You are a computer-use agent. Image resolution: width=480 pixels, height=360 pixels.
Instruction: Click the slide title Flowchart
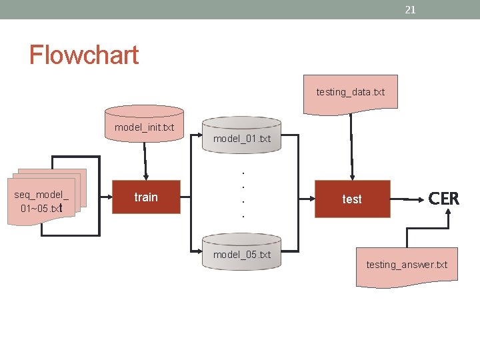(83, 54)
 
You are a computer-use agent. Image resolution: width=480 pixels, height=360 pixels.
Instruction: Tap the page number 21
(411, 9)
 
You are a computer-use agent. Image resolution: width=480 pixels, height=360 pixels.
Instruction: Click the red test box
(352, 199)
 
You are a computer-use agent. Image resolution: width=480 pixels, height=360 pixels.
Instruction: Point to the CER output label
(443, 198)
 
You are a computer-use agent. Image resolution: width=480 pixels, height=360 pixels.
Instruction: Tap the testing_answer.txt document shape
(407, 265)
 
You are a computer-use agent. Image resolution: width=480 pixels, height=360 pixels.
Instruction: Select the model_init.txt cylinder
(145, 123)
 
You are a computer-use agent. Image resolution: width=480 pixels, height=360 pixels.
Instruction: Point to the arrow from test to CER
(408, 198)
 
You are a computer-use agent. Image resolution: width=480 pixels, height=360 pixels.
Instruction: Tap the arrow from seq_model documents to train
(105, 197)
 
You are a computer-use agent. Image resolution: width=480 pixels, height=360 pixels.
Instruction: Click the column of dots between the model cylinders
(242, 193)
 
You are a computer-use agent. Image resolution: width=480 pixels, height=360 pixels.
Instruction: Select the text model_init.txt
(145, 127)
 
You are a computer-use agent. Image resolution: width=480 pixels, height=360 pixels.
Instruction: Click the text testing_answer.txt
(407, 265)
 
